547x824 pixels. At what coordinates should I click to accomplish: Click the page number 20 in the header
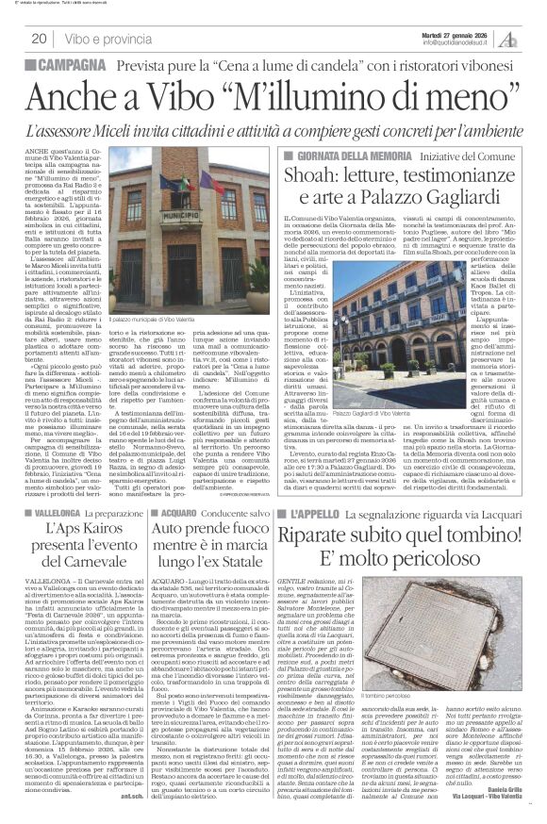coord(40,39)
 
